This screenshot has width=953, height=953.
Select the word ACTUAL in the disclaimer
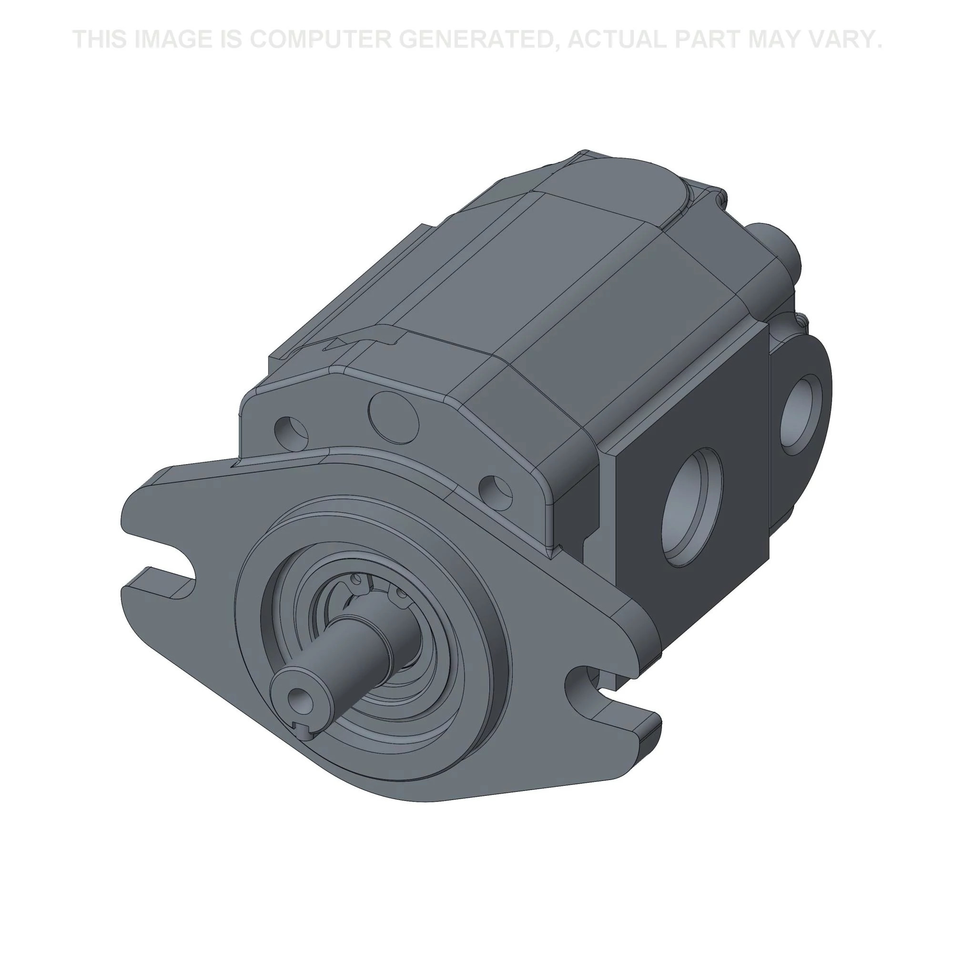click(617, 39)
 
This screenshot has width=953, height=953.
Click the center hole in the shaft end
click(296, 696)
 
